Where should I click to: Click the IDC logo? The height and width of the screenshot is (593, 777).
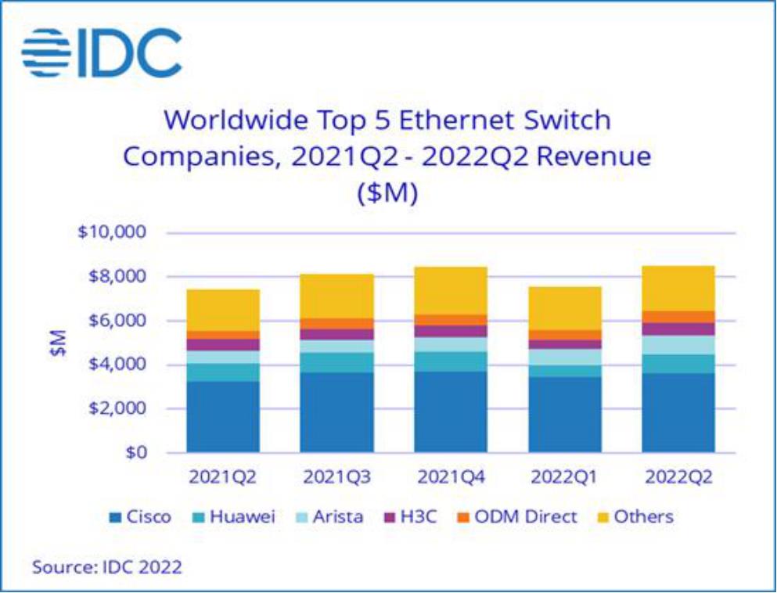point(103,53)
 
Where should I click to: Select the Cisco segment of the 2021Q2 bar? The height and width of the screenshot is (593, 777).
point(223,416)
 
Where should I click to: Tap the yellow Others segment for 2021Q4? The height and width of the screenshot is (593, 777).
point(450,290)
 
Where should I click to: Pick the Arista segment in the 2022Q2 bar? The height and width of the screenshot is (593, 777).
point(678,345)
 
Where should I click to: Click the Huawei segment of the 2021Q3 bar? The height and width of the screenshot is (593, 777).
point(337,362)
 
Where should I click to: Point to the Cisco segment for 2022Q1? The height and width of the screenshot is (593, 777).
point(565,415)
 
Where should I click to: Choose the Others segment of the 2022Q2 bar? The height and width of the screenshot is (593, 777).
point(678,288)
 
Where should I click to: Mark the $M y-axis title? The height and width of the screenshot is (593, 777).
point(58,343)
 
